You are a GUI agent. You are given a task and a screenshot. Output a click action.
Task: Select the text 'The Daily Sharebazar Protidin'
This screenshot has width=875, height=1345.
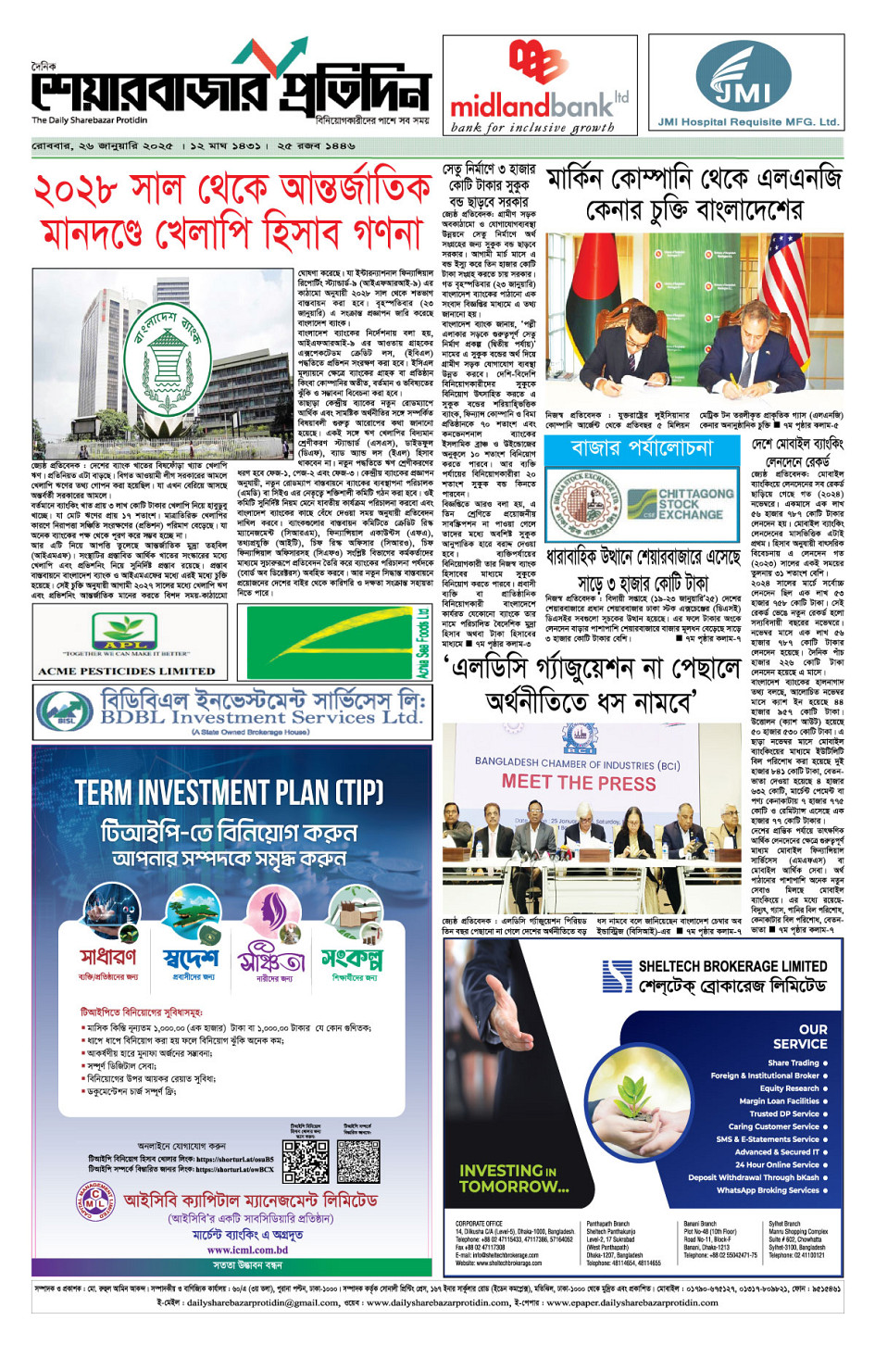click(x=89, y=120)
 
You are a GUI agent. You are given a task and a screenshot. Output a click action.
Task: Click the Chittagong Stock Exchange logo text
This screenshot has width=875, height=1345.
click(x=689, y=504)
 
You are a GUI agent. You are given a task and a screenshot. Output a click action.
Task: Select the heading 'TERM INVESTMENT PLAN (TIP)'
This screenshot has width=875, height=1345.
click(x=229, y=792)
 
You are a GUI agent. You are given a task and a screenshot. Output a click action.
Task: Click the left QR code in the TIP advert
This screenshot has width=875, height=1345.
click(x=305, y=1161)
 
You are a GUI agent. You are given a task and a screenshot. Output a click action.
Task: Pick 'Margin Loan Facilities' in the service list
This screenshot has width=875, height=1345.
click(x=779, y=1100)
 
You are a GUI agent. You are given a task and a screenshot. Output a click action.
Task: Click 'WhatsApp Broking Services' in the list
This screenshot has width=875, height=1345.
click(x=768, y=1190)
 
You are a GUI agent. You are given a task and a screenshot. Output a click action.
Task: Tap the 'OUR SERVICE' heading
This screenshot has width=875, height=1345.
click(x=799, y=1036)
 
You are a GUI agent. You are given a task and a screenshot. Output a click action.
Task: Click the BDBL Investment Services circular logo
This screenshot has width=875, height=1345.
click(x=63, y=710)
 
